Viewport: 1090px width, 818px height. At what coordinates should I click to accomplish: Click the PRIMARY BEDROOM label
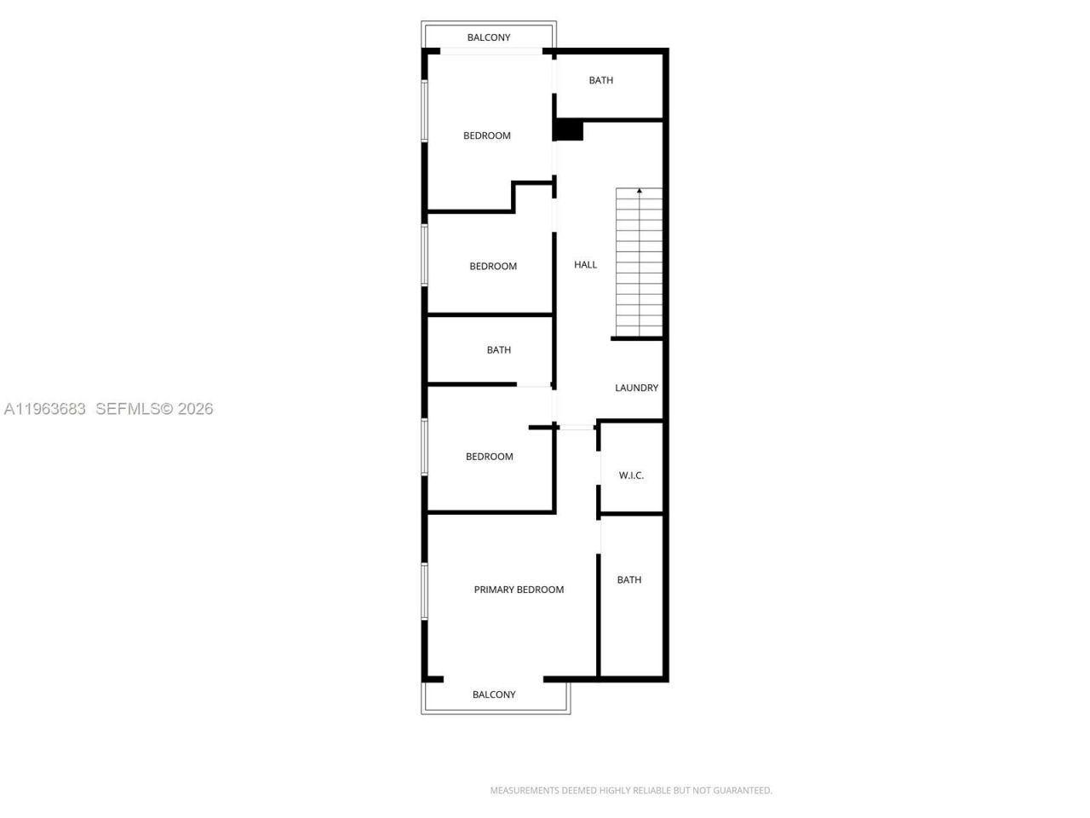(519, 590)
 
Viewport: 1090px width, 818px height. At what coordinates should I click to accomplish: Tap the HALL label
(585, 265)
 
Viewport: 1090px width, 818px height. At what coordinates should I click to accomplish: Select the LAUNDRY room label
(636, 388)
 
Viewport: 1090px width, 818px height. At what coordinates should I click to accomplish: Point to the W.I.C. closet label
(631, 475)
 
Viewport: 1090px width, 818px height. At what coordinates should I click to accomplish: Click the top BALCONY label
(489, 37)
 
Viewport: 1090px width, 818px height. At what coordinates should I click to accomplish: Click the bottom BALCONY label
(494, 694)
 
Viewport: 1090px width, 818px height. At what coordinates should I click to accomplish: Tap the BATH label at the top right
(600, 80)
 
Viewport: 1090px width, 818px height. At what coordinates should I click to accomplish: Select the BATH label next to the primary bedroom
(628, 580)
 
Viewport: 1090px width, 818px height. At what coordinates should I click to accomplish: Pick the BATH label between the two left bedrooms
(498, 350)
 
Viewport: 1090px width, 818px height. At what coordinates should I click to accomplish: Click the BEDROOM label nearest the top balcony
(486, 135)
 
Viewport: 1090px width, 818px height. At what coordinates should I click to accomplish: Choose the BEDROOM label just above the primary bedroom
(489, 457)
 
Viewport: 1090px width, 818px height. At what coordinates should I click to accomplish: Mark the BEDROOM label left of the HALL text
(493, 267)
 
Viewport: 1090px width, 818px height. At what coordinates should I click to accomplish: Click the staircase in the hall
(639, 264)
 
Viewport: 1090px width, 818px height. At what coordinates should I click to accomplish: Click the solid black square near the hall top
(568, 130)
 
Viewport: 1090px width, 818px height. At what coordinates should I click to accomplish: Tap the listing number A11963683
(45, 409)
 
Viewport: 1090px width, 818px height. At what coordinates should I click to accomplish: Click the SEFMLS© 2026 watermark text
(154, 409)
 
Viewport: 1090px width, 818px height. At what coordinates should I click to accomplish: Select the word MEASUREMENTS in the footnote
(524, 791)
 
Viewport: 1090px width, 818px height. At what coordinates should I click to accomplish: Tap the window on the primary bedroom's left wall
(424, 590)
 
